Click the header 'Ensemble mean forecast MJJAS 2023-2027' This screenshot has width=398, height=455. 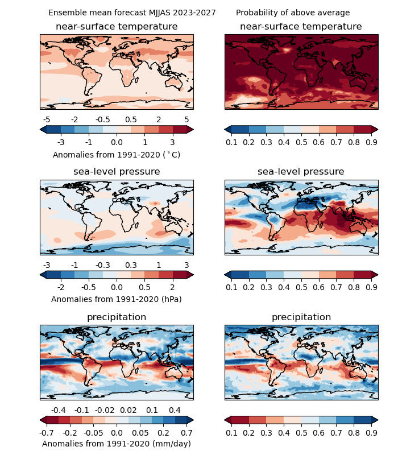point(132,13)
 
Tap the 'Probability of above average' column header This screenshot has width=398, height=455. point(293,13)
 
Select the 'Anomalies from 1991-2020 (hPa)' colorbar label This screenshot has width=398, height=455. point(117,299)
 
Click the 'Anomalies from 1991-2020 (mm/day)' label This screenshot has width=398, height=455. point(117,444)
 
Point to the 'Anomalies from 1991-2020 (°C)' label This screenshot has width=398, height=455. point(117,155)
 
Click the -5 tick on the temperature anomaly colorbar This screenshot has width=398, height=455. point(47,119)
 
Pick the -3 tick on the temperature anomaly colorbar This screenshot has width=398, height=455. point(61,142)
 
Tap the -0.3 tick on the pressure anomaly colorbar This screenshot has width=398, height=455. point(103,265)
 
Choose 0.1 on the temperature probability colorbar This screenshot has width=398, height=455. point(231,142)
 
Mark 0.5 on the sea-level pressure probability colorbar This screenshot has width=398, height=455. point(301,287)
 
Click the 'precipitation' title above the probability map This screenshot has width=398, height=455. point(301,317)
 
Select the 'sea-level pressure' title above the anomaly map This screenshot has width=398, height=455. point(117,172)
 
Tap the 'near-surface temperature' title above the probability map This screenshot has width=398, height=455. point(301,27)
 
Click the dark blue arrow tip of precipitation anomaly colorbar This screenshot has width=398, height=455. point(190,420)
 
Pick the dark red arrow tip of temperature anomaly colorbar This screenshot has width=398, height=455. point(190,129)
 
